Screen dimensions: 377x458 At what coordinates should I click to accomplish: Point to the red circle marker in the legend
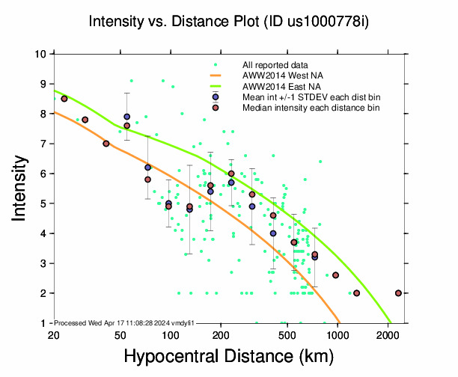coord(215,108)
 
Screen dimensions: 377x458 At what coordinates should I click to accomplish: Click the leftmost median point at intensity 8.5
coord(64,99)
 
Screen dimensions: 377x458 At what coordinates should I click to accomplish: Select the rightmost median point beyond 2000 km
coord(398,293)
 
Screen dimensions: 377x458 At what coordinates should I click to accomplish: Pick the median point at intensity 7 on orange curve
coord(106,144)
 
